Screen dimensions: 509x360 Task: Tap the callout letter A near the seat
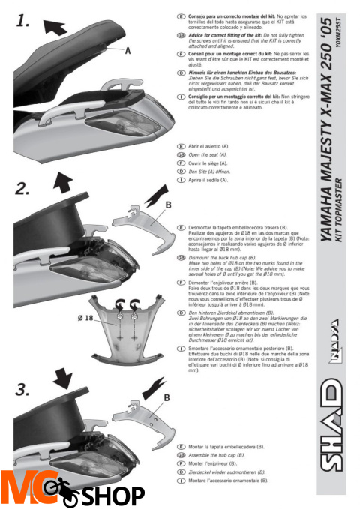tap(128, 50)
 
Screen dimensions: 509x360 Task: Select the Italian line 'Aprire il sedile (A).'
tap(217, 181)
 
